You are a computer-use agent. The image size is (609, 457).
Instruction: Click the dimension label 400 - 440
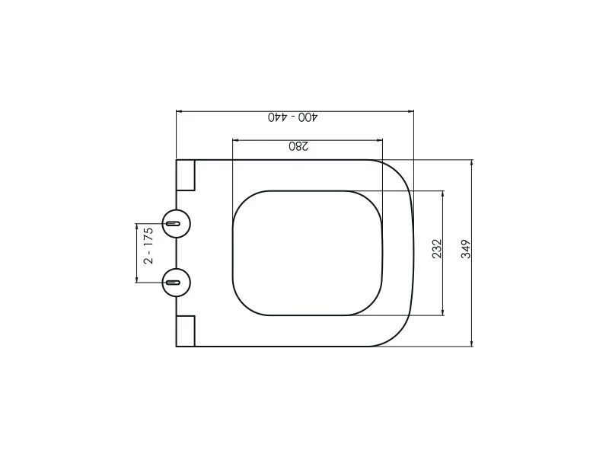tap(293, 117)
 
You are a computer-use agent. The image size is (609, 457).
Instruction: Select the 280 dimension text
tap(298, 146)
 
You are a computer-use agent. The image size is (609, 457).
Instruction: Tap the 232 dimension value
tap(437, 249)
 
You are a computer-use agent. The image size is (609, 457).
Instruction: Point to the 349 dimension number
tap(466, 249)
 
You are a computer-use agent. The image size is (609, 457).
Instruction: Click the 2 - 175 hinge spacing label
tap(148, 246)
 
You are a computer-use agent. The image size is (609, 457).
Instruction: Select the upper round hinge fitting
tap(177, 223)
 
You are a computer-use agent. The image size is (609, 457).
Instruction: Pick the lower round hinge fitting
tap(177, 283)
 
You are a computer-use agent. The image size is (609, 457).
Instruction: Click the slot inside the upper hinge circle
tap(173, 223)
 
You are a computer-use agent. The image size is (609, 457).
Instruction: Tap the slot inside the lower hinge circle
tap(173, 283)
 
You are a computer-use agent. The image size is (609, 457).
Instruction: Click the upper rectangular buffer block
tap(185, 175)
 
